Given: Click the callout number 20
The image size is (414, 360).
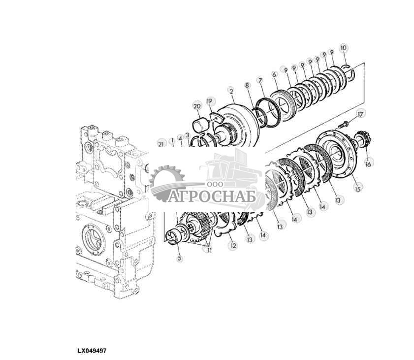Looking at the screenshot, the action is point(197,106).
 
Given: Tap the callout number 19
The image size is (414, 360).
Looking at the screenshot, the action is point(209,101).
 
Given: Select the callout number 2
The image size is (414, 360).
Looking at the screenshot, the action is point(231,92).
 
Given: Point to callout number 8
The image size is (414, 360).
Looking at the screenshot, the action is point(247,85).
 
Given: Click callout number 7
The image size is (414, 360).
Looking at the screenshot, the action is point(260,80).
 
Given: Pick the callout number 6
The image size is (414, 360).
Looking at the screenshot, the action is point(274,75).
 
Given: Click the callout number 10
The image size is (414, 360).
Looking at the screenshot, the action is point(343,48).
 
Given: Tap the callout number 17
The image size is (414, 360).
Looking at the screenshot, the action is point(360,114).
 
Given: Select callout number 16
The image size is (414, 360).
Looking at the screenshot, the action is point(368,164).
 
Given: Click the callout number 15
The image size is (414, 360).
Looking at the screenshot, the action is point(357,189).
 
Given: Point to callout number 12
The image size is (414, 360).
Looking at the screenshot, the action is point(233,246).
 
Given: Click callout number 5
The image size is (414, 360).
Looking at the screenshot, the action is point(180,258).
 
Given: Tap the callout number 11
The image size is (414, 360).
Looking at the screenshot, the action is point(209,250).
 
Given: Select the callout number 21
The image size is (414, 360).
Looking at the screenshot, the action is point(161,144).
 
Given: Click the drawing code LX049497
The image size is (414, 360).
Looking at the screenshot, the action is point(92,351).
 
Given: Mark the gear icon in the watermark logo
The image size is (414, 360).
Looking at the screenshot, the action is point(166,182).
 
